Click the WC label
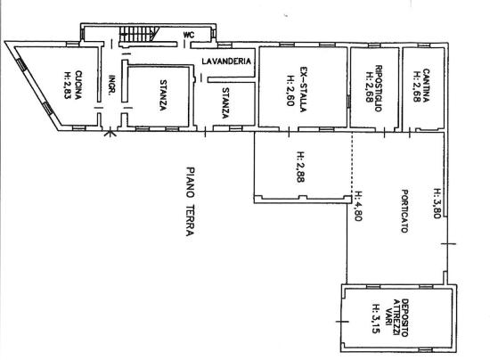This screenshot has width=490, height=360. tap(189, 35)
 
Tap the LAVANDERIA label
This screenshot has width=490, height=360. tap(226, 61)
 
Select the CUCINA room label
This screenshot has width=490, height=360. tap(78, 85)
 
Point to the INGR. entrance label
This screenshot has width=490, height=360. tap(112, 85)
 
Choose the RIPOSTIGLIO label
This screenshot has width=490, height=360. tap(378, 88)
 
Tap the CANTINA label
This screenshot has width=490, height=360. tap(426, 86)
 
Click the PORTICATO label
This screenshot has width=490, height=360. tap(404, 211)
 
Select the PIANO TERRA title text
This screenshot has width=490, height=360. tap(191, 201)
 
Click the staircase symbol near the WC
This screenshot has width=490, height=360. tap(139, 34)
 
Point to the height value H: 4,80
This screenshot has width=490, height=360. tap(358, 206)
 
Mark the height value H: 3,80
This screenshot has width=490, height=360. tap(437, 203)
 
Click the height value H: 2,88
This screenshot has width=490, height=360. tap(301, 167)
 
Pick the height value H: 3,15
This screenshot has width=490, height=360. tap(376, 318)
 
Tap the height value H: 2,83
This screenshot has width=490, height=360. tap(68, 86)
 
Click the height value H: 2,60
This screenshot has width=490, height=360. tap(290, 91)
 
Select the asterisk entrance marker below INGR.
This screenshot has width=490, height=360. tap(110, 134)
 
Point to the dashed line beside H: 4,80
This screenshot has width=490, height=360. tap(352, 162)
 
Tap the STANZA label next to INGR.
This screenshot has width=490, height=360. tap(163, 95)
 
